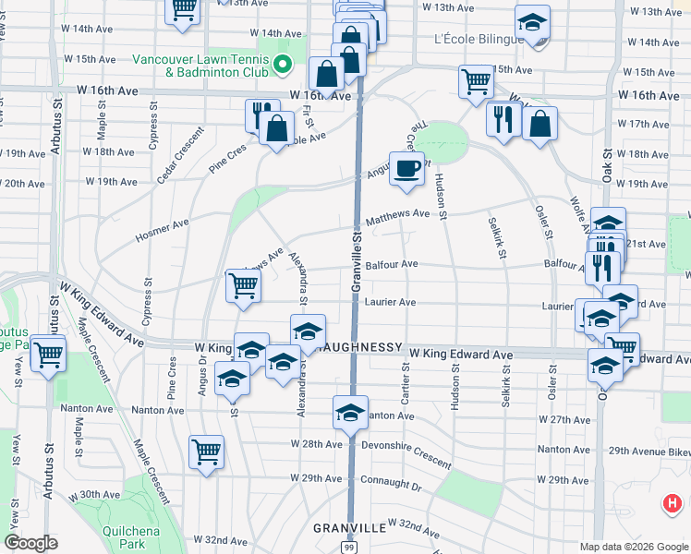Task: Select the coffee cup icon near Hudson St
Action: click(x=406, y=168)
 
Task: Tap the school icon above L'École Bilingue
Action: click(x=532, y=23)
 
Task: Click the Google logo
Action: click(x=31, y=543)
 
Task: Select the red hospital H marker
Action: click(x=673, y=504)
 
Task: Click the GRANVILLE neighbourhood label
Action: click(x=349, y=527)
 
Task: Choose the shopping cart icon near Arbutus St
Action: click(x=48, y=352)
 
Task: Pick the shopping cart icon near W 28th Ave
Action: click(x=206, y=452)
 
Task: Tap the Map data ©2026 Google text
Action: click(x=633, y=547)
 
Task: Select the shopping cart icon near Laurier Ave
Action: click(x=243, y=284)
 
